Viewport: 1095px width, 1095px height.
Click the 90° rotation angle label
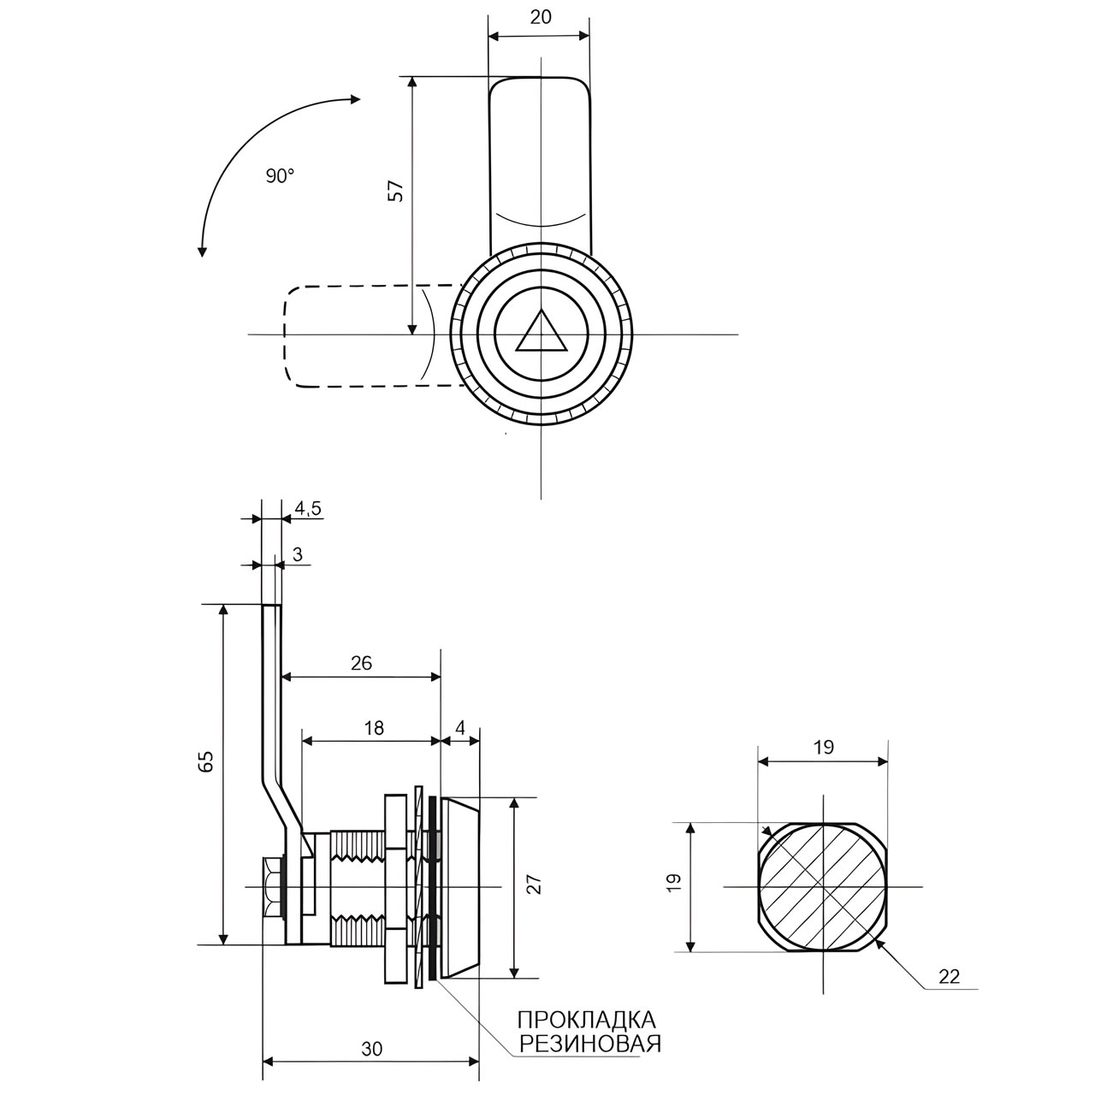click(280, 175)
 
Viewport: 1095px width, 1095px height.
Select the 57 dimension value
click(395, 192)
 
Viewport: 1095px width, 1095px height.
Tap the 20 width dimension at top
click(540, 17)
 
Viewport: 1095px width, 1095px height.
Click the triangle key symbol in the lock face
click(542, 333)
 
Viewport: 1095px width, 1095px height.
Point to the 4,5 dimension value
click(307, 508)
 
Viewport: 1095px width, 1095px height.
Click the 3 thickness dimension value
click(297, 554)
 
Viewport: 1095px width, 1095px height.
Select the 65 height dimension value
click(206, 761)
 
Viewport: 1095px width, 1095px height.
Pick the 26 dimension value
click(362, 663)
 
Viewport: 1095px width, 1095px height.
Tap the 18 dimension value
click(374, 728)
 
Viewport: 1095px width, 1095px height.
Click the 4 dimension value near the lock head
click(460, 728)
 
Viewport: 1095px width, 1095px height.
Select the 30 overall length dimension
click(371, 1048)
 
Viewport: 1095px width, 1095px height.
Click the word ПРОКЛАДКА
click(587, 1020)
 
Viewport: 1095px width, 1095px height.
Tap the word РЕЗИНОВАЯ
click(590, 1043)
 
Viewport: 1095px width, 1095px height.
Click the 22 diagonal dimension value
click(949, 976)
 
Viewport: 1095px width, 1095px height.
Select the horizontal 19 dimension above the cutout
click(823, 747)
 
